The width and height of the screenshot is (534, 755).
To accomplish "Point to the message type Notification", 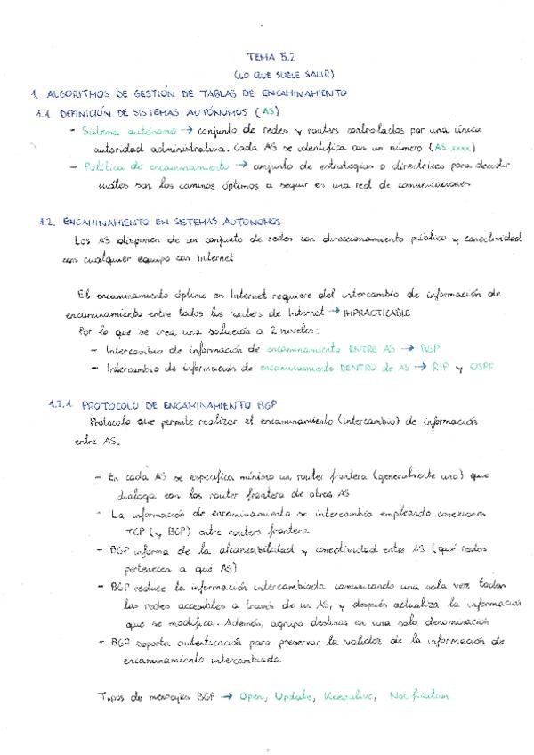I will pyautogui.click(x=419, y=695).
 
